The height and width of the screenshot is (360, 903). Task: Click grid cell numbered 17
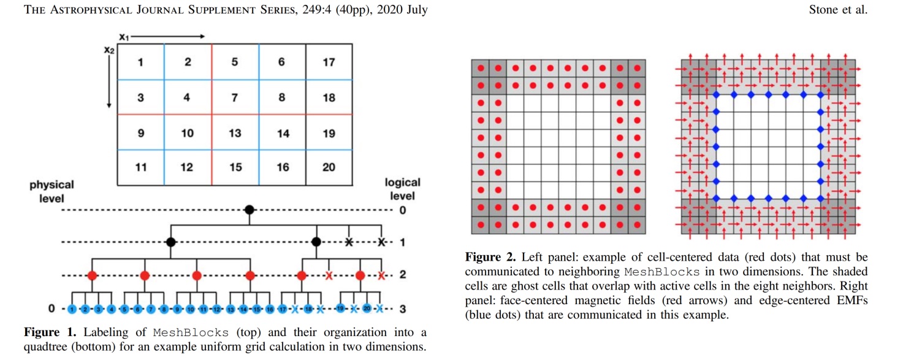(x=329, y=62)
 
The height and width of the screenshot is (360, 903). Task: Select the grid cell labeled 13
(x=235, y=132)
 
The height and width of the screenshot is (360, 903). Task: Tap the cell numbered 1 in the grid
(x=140, y=62)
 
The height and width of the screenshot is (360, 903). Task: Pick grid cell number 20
(x=329, y=167)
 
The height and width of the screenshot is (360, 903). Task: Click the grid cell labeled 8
(x=281, y=97)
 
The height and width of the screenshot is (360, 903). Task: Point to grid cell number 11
(x=140, y=167)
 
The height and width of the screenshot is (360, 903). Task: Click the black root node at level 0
(x=249, y=210)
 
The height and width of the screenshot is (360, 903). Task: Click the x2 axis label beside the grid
(x=109, y=50)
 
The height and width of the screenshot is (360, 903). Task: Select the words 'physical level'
(x=51, y=191)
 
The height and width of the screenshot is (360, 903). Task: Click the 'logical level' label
(x=402, y=189)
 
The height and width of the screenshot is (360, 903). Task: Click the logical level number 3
(x=402, y=308)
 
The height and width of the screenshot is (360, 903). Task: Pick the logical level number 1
(x=402, y=242)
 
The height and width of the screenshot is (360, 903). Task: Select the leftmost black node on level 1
(x=172, y=242)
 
